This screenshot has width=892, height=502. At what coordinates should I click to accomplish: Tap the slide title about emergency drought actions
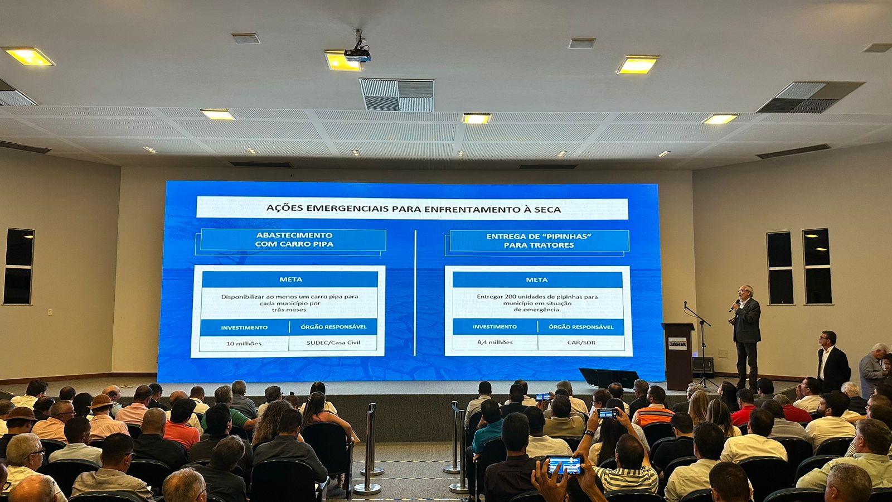click(413, 209)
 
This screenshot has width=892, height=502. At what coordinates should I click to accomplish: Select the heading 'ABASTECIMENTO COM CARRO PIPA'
click(294, 239)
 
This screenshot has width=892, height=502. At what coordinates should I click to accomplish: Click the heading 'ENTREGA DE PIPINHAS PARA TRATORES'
click(539, 240)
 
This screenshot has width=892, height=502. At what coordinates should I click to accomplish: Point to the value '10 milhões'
click(244, 344)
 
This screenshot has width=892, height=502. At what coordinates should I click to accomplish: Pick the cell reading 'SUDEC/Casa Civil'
click(333, 342)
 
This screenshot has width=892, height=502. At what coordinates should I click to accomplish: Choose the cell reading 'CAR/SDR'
click(581, 342)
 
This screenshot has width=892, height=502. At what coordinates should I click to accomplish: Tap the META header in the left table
click(290, 279)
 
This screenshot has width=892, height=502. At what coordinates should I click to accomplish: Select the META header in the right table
click(537, 279)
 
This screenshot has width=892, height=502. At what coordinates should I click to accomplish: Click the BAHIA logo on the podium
click(677, 344)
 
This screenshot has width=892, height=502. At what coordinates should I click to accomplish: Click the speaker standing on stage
click(745, 337)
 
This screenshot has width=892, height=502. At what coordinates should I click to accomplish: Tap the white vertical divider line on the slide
click(415, 292)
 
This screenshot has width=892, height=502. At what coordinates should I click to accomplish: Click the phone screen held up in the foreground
click(565, 465)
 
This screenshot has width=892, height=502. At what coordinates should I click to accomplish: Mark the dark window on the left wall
click(19, 266)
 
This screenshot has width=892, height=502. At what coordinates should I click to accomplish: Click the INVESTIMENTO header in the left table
click(244, 327)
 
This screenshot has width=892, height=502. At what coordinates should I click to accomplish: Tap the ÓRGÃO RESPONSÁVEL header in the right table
click(581, 327)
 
